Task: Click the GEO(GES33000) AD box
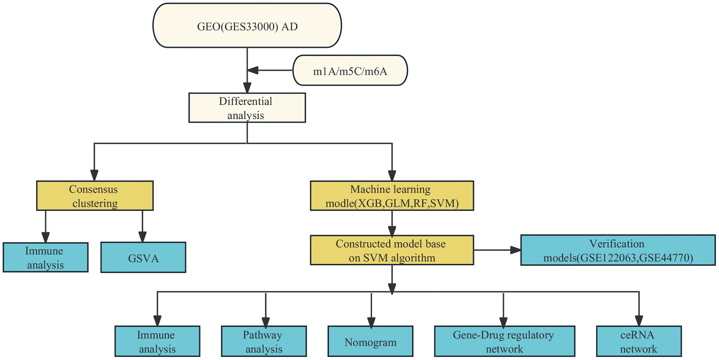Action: tap(247, 26)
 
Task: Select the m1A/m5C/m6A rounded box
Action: tap(350, 70)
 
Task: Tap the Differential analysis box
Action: tap(247, 108)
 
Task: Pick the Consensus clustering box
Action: tap(94, 196)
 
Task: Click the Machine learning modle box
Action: tap(392, 196)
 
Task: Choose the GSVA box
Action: tap(143, 257)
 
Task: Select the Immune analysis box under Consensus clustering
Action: tap(45, 257)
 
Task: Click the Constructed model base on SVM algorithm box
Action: tap(392, 250)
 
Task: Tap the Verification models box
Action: tap(618, 250)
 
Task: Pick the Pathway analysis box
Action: tap(264, 341)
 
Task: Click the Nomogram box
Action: tap(370, 341)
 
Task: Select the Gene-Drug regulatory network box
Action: tap(504, 341)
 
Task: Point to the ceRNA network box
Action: tap(638, 341)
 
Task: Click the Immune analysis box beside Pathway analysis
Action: tap(157, 341)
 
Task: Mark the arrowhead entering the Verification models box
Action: tap(515, 250)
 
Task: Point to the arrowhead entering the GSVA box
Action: tap(142, 237)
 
